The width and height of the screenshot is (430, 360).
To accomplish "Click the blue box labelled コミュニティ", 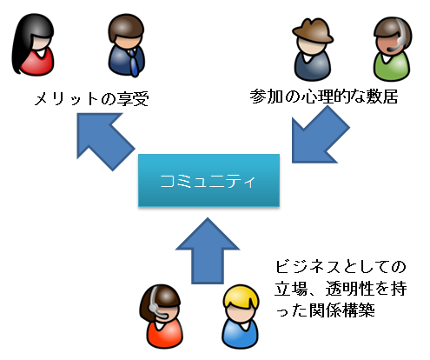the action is tap(208, 180).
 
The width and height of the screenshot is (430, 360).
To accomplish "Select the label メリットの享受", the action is tap(91, 99).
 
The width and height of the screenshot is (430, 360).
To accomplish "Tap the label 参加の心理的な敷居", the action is tap(324, 97).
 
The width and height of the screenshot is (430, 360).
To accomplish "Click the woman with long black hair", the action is tap(33, 44).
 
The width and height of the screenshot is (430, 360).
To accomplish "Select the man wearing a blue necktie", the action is tap(127, 45).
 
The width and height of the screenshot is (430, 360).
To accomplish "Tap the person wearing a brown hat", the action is tap(313, 50).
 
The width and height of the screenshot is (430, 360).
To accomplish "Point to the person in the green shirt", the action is tap(392, 49).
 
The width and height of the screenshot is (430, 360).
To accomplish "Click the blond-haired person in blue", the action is tap(240, 317).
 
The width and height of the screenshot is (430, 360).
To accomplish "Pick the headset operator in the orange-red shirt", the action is tap(162, 316).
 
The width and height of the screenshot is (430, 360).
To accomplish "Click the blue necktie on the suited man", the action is tap(133, 63).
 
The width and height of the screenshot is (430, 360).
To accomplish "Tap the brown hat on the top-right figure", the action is tap(313, 31).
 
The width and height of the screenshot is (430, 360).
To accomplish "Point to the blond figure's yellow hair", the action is tap(241, 297).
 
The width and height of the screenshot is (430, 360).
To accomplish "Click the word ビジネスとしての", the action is tap(341, 267).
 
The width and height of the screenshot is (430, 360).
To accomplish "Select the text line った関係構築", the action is tap(325, 310).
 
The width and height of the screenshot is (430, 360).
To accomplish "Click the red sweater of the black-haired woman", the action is tap(37, 63).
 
